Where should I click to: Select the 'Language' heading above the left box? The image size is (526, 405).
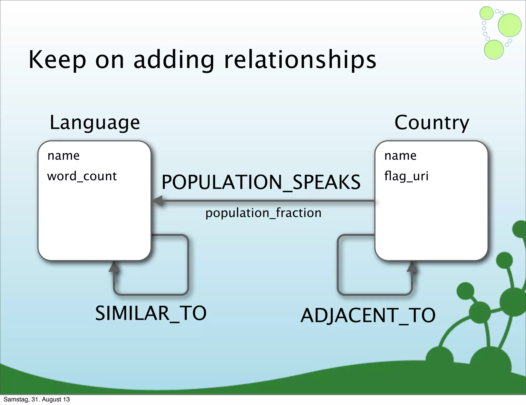coord(95,123)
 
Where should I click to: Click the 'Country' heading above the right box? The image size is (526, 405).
coord(432,123)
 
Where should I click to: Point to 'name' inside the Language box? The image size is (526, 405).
coord(63,156)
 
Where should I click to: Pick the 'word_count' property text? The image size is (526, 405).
coord(82,176)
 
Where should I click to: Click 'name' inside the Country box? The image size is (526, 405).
coord(400,156)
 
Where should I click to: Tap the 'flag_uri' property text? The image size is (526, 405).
coord(406,176)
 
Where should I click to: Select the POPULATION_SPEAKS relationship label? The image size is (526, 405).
coord(261,182)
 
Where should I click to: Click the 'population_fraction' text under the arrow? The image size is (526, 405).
coord(263,213)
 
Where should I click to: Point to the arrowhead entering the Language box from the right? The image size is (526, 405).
coord(158,201)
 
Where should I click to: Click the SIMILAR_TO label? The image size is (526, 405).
coord(151,313)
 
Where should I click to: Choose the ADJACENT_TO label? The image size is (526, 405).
coord(368,315)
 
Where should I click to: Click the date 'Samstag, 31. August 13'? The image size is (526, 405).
coord(37,399)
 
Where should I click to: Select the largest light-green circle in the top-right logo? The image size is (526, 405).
coord(510,25)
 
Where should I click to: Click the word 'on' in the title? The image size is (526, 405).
coord(110,61)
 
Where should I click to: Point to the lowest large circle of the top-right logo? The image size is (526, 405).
coord(494,50)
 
